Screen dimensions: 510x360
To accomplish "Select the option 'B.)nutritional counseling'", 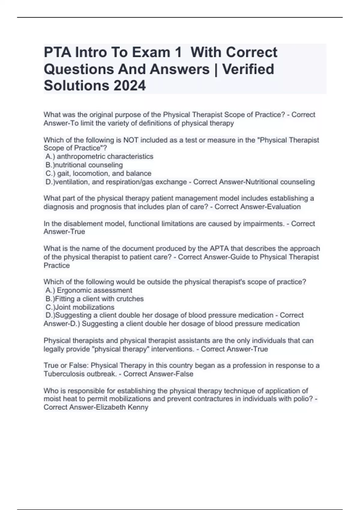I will (84, 165).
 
